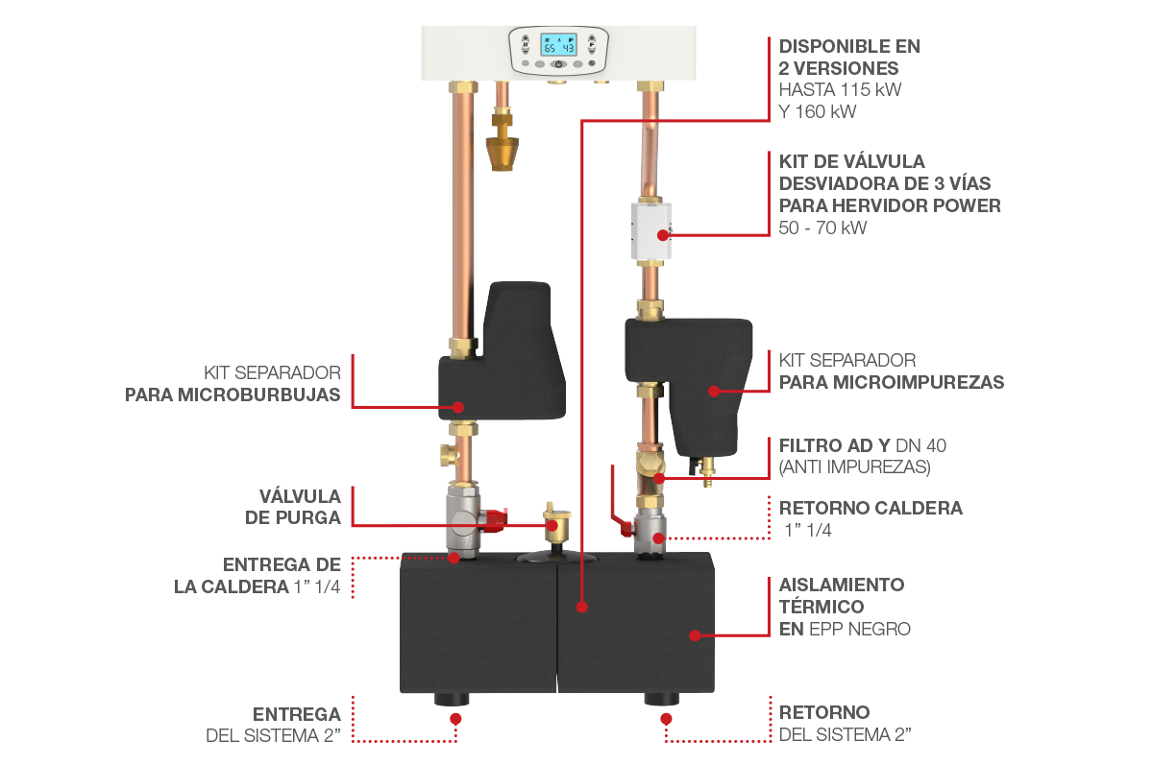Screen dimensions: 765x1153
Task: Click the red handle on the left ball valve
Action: coord(494,520)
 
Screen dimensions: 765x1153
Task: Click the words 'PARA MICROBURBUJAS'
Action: coord(233,394)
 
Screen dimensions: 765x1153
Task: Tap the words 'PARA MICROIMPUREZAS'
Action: coord(891,382)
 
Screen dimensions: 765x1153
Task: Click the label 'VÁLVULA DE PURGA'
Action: coord(300,507)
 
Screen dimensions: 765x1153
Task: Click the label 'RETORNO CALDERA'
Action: coord(871,508)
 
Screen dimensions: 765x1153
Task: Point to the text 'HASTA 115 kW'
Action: coord(841,90)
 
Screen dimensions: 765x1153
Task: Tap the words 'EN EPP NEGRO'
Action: coord(845,629)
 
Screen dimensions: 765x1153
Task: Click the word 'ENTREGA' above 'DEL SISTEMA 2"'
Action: coord(297,714)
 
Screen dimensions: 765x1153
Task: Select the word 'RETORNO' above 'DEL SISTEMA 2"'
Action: coord(823,712)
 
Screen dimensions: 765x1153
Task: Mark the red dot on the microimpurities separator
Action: coord(713,391)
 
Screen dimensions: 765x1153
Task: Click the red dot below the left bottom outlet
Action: coord(455,716)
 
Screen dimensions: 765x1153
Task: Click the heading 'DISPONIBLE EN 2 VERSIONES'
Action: coord(849,57)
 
